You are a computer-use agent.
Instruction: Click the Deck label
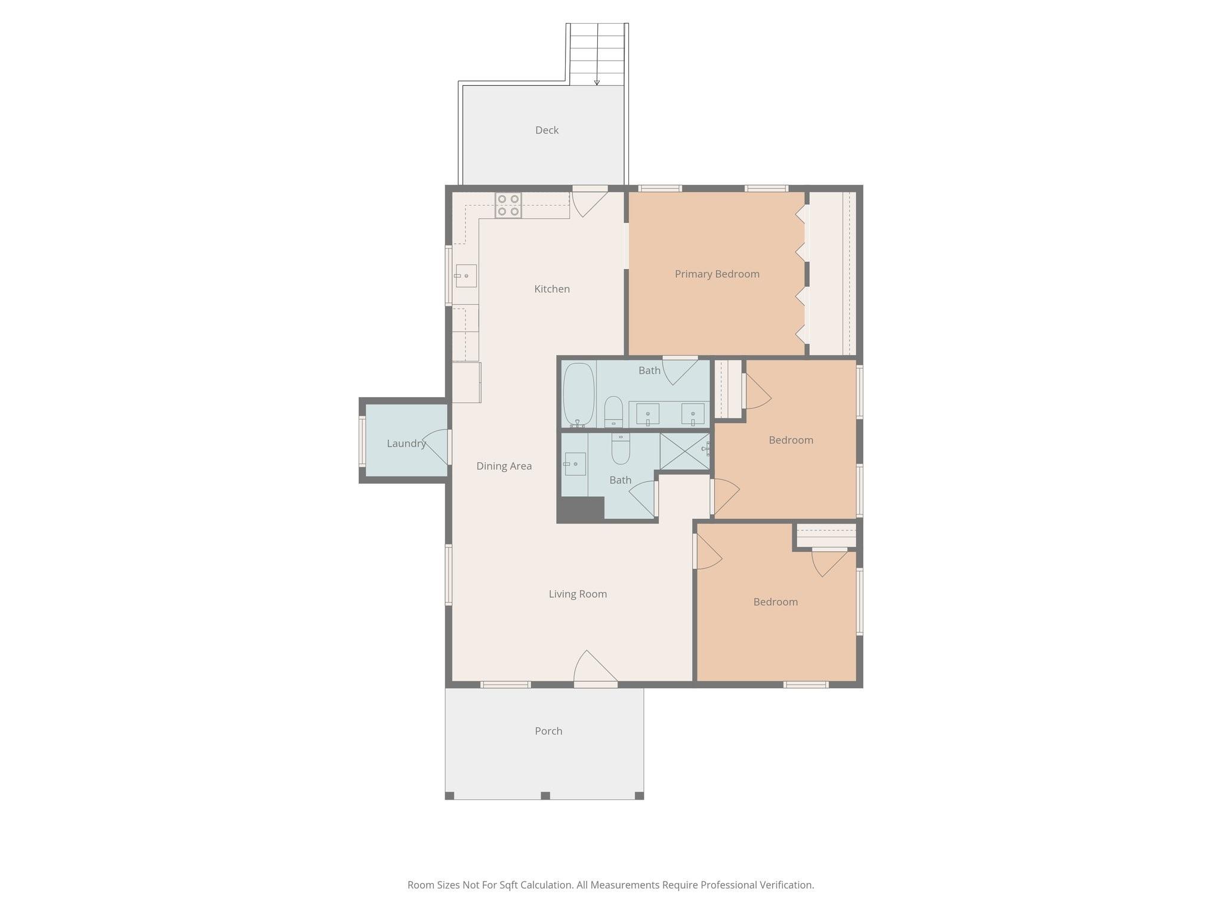click(547, 130)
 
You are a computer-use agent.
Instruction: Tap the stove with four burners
click(508, 205)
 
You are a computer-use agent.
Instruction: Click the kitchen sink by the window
click(466, 276)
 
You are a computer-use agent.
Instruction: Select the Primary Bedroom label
click(717, 274)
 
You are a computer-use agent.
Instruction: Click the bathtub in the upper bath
click(579, 394)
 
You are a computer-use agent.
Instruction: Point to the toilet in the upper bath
click(613, 411)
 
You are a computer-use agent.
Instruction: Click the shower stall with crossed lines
click(684, 451)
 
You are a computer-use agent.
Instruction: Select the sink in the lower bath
click(575, 463)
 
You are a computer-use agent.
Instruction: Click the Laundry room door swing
click(437, 446)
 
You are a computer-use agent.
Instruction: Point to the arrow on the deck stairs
click(597, 82)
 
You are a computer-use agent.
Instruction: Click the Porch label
click(548, 731)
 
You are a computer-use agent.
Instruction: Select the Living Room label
click(578, 593)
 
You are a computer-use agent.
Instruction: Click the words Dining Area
click(504, 466)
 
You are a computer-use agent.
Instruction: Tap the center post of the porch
click(545, 796)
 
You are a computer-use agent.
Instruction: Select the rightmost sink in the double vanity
click(693, 413)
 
